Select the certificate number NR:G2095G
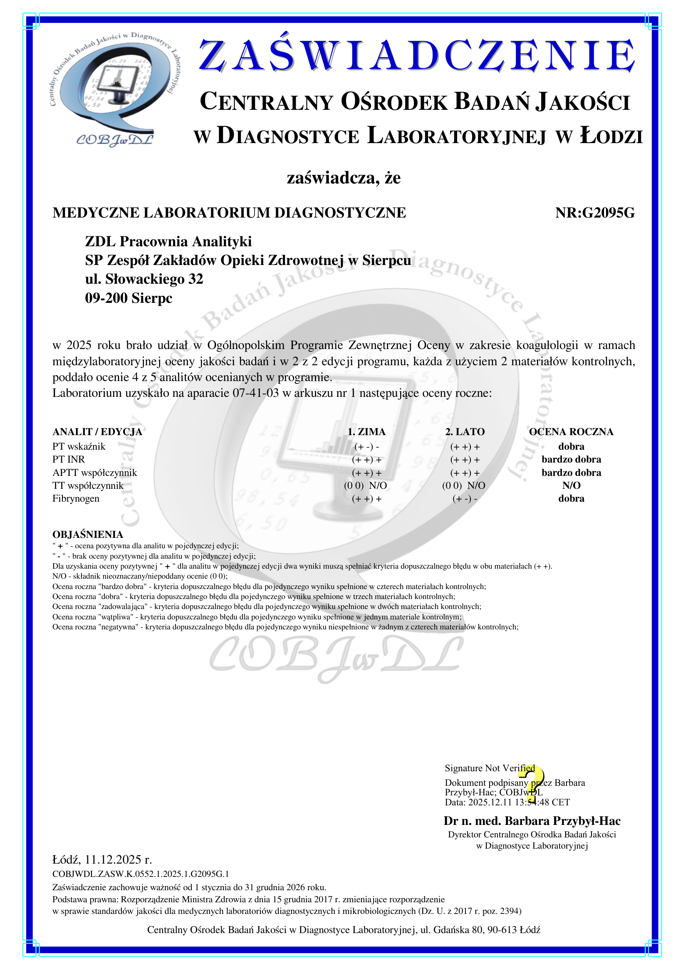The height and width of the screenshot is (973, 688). pos(595,213)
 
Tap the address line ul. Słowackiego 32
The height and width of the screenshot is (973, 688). pos(144,279)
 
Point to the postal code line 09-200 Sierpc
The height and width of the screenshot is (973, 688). pos(129,298)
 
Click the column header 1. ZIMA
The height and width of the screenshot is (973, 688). pos(366,432)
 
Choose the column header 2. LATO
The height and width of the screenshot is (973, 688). pos(465,432)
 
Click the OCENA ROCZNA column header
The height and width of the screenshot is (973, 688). pos(571,432)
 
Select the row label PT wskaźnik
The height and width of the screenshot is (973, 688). pos(79,446)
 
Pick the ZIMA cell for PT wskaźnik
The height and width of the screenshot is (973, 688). pos(366,447)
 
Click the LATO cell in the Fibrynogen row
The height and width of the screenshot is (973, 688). pos(465,499)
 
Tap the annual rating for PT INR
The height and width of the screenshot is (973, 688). pos(571,459)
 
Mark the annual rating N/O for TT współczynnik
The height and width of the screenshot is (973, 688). pos(571,485)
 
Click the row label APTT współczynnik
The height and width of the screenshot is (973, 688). pos(94,473)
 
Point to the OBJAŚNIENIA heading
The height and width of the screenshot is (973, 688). pos(88,535)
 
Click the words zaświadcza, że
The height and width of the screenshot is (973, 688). pos(344,178)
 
